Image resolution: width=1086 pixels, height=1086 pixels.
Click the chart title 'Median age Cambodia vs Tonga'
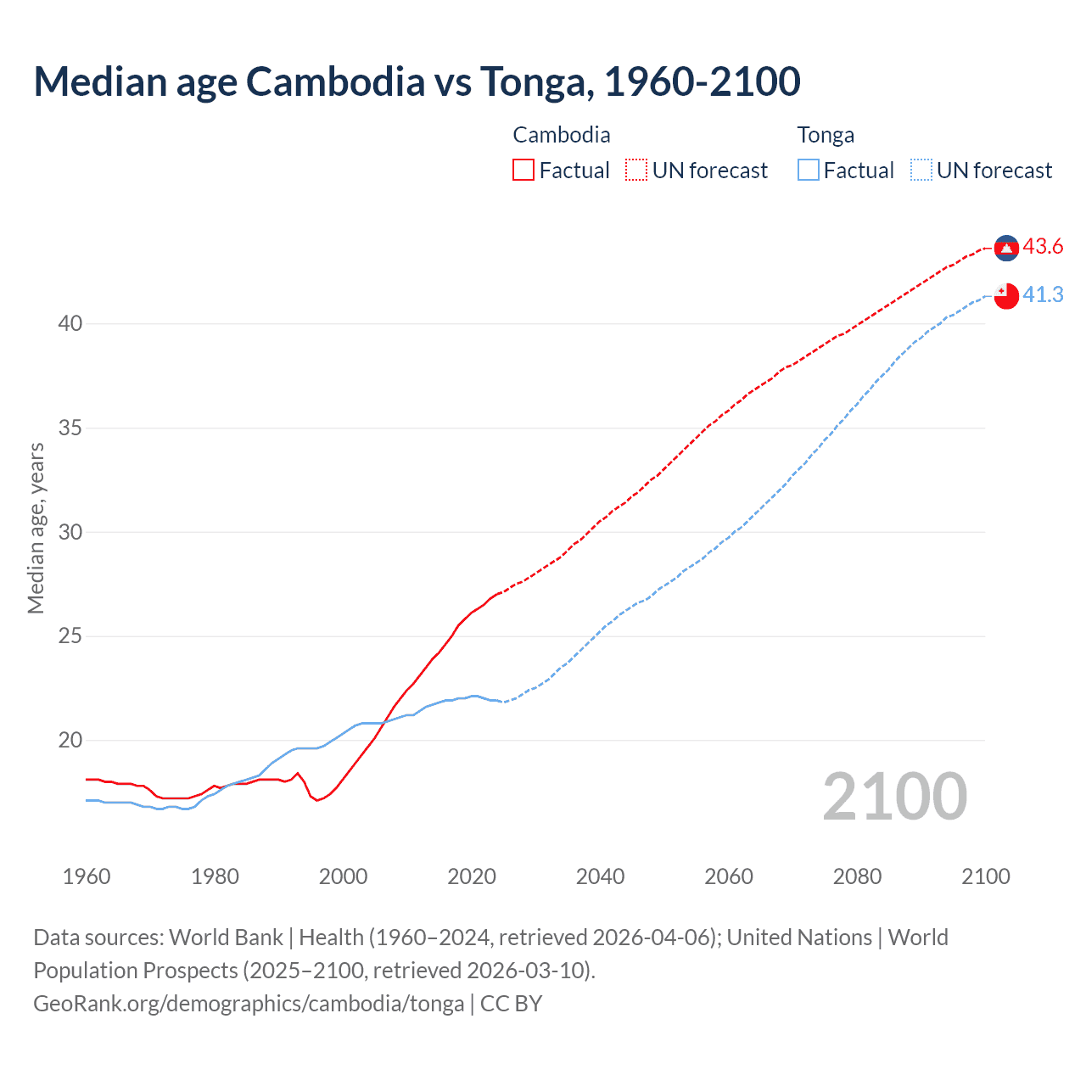417,81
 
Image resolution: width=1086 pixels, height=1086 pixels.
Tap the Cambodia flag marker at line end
1006,248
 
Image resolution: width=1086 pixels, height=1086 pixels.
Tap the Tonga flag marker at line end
1006,295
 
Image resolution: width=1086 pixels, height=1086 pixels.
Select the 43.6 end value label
1043,247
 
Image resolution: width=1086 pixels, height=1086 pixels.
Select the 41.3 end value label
1043,294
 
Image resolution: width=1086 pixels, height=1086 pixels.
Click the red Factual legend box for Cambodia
523,171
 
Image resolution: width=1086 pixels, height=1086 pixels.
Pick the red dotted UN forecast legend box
636,171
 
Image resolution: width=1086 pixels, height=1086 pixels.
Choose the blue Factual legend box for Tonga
809,171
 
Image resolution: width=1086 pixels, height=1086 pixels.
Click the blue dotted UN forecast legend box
921,171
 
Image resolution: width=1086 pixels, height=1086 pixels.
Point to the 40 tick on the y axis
70,323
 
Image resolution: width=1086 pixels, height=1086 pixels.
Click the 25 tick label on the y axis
70,636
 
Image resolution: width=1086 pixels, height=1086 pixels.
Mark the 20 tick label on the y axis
70,741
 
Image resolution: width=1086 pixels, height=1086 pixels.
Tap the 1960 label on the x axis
87,876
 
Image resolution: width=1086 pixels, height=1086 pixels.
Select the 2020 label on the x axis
472,876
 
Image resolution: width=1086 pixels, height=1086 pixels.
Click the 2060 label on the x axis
729,876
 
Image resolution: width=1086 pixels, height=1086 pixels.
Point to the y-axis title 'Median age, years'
36,528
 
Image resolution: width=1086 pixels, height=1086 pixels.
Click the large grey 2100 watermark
895,796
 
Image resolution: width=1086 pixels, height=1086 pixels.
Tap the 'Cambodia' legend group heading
562,135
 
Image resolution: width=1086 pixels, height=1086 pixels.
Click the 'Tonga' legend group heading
826,135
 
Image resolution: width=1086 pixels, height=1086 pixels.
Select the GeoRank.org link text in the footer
249,1004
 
